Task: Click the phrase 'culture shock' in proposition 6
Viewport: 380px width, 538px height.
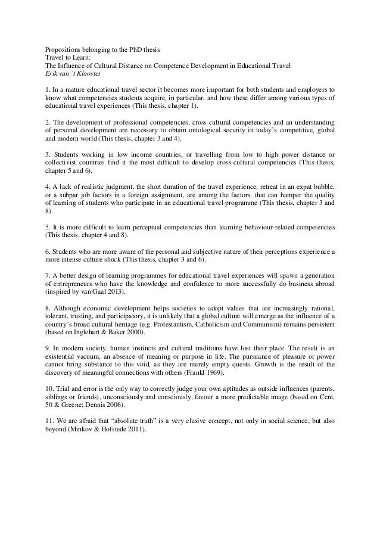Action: click(112, 260)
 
